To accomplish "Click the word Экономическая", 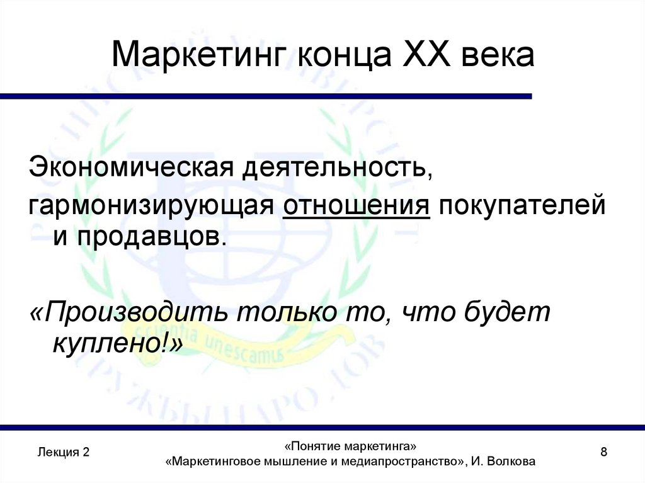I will [x=127, y=168].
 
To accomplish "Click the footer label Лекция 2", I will [x=63, y=452].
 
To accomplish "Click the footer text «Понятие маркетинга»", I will [x=351, y=446].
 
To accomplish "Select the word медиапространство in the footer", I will [x=397, y=462].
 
